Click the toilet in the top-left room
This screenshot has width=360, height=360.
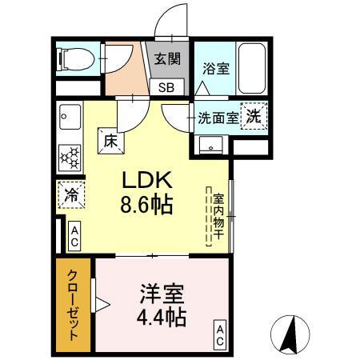click(x=76, y=59)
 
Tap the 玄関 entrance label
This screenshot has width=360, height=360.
click(x=167, y=58)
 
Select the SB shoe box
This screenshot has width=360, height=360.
click(x=166, y=87)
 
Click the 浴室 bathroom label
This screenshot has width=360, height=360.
click(x=216, y=68)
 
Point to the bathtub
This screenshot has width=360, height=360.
click(x=252, y=68)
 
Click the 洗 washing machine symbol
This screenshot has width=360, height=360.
click(x=254, y=116)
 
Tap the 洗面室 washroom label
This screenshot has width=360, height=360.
click(x=218, y=118)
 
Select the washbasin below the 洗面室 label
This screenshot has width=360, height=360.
click(x=210, y=145)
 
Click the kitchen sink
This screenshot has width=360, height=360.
click(x=70, y=117)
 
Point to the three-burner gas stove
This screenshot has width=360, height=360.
click(x=70, y=158)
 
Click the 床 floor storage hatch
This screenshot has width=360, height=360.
click(x=111, y=141)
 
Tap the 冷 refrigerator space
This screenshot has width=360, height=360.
click(x=71, y=194)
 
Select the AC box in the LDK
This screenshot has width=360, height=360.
click(x=74, y=236)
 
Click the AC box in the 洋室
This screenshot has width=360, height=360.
click(x=220, y=335)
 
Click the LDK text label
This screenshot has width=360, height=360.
click(x=146, y=180)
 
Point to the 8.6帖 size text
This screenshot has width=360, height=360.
click(x=146, y=205)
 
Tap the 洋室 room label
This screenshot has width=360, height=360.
click(x=162, y=294)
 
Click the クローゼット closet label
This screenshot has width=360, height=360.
click(x=74, y=305)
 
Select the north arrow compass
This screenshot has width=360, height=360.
click(x=290, y=334)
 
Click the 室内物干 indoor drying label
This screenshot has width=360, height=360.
click(x=218, y=216)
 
